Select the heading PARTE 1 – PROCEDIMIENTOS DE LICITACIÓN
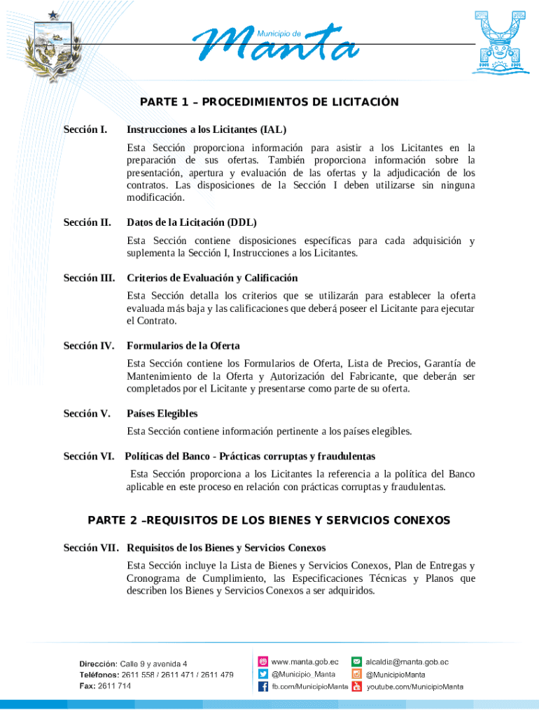269,102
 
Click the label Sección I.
85,129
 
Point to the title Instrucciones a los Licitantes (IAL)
206,129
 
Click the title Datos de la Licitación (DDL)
192,222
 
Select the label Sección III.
90,278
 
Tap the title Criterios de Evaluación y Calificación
212,278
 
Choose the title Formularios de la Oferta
183,345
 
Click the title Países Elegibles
162,413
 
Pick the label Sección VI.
89,456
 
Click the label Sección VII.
91,547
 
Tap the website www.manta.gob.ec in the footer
305,661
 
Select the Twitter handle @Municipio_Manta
303,674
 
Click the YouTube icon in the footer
356,687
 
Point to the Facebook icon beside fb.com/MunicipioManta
264,687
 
